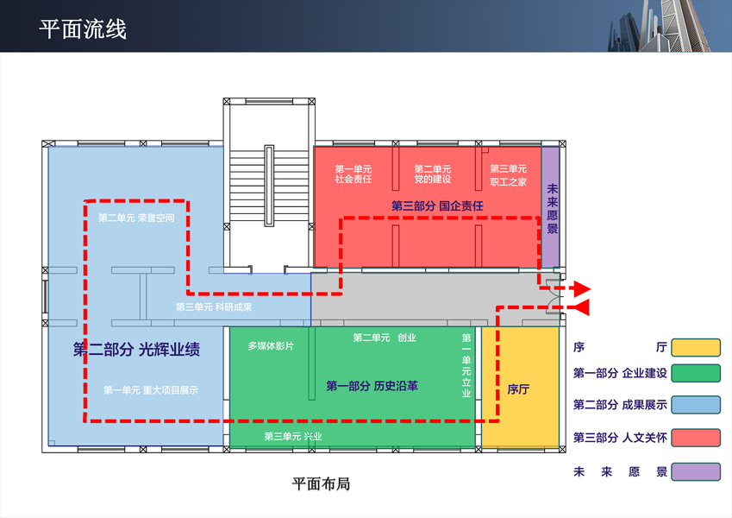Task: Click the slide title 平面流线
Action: pos(83,29)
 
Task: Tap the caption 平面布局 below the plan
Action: pos(321,484)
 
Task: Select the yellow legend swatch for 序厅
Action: pos(696,348)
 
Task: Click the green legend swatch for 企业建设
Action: pos(696,374)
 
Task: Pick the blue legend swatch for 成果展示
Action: pos(696,405)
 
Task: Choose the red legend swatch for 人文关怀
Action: pos(696,437)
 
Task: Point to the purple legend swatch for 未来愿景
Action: pos(696,472)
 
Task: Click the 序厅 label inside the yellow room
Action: pos(518,388)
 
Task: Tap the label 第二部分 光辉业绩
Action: pos(137,351)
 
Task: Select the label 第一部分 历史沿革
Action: pos(372,386)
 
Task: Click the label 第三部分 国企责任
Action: pos(437,206)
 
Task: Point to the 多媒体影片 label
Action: pos(271,345)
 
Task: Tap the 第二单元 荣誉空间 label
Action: pos(136,218)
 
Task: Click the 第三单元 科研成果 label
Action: pos(214,306)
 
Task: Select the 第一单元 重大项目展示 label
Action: pos(151,390)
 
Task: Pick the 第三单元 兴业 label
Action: pos(293,436)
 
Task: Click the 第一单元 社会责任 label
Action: pos(353,174)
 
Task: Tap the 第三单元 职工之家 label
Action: pos(508,175)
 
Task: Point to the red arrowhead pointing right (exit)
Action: pos(582,288)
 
